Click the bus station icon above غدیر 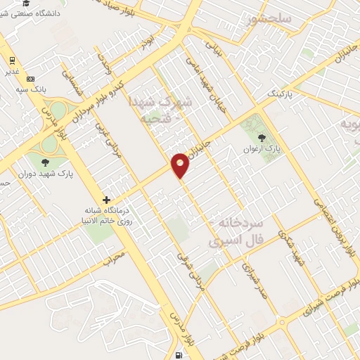[x=12, y=60]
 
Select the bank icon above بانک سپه [x=30, y=79]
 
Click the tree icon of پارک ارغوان [x=262, y=138]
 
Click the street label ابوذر [x=145, y=41]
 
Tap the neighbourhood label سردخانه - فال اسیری [x=236, y=232]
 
